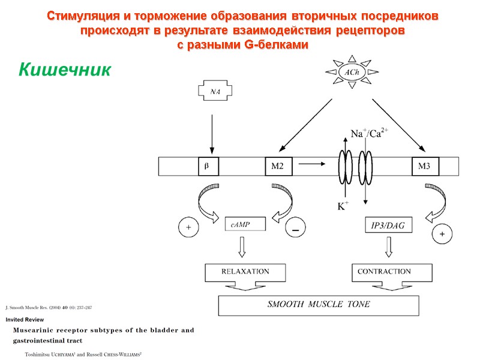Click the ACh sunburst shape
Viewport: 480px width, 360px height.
point(352,72)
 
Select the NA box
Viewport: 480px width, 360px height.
point(214,92)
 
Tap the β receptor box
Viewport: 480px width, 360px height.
point(208,166)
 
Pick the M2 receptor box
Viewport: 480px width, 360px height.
point(279,166)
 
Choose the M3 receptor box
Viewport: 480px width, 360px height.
point(425,166)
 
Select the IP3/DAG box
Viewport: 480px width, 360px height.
point(388,225)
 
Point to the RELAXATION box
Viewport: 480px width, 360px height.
point(245,272)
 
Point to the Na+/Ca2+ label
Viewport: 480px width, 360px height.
point(369,134)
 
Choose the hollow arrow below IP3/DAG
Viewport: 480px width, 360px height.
point(388,245)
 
